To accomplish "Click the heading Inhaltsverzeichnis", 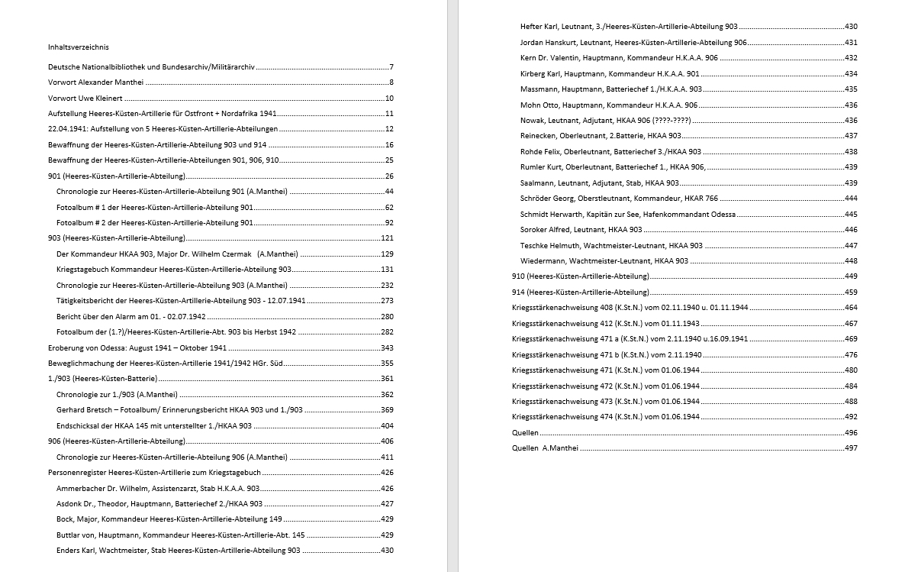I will pyautogui.click(x=77, y=47).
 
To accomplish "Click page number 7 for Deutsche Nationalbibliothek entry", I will pyautogui.click(x=391, y=67).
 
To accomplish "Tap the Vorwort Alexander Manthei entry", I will pyautogui.click(x=95, y=82).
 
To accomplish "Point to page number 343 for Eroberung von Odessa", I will pyautogui.click(x=387, y=347).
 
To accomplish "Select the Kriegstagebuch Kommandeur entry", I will pyautogui.click(x=174, y=270).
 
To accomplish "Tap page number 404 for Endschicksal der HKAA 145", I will pyautogui.click(x=387, y=425).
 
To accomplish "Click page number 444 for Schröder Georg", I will pyautogui.click(x=851, y=199).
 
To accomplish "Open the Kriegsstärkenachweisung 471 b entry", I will pyautogui.click(x=607, y=355).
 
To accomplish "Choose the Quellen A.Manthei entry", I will pyautogui.click(x=545, y=448).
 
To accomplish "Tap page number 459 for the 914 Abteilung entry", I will pyautogui.click(x=851, y=292).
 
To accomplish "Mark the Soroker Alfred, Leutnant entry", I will pyautogui.click(x=581, y=230).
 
